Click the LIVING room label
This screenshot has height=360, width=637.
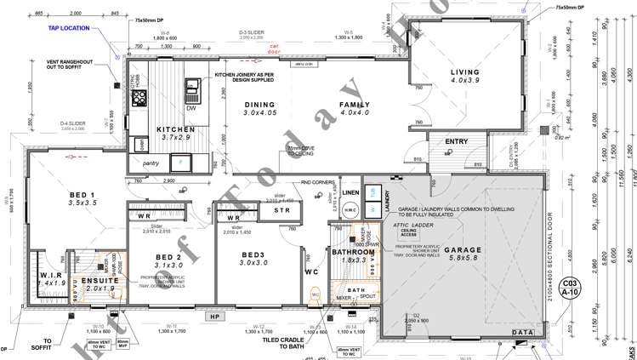(465, 72)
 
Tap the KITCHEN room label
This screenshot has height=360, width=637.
(177, 130)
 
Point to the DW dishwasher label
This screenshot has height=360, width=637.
(191, 108)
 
